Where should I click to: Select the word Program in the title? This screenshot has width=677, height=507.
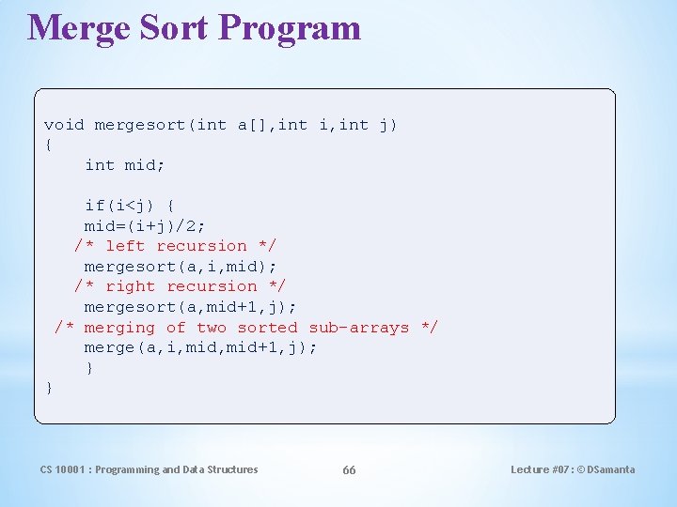tap(291, 28)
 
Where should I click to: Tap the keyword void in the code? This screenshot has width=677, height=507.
tap(64, 125)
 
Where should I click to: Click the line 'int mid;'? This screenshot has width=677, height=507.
tap(124, 165)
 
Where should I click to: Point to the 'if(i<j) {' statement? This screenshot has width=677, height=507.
tap(129, 206)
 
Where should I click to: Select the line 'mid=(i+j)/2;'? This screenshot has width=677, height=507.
tap(145, 225)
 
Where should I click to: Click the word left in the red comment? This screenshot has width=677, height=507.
tap(125, 246)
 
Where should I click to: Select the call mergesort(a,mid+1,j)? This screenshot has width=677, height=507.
tap(190, 307)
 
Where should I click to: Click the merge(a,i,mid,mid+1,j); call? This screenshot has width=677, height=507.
tap(200, 347)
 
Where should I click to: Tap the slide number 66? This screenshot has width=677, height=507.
tap(349, 470)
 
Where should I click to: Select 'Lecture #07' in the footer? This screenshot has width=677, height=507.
tap(541, 469)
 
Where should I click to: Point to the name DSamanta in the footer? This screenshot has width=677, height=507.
tap(612, 469)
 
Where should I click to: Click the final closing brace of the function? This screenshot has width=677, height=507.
tap(49, 388)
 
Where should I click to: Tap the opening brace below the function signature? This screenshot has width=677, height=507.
tap(49, 145)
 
